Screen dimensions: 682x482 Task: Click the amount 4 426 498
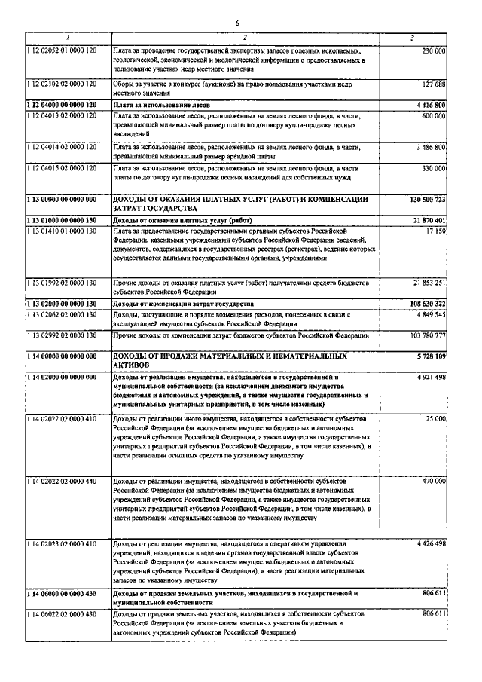429,543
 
